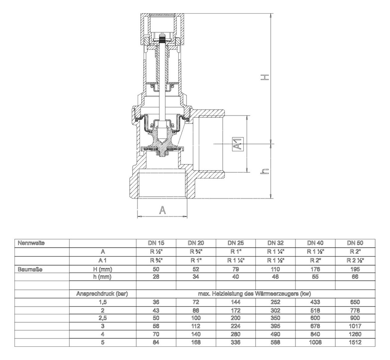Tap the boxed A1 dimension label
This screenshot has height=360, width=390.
pos(238,144)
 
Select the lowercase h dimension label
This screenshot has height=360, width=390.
pos(265,171)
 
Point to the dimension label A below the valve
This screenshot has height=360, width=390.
pos(162,210)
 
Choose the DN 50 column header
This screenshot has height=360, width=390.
pos(355,243)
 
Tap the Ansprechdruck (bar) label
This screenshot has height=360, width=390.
pos(102,294)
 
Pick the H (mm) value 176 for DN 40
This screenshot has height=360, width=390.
pos(315,269)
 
